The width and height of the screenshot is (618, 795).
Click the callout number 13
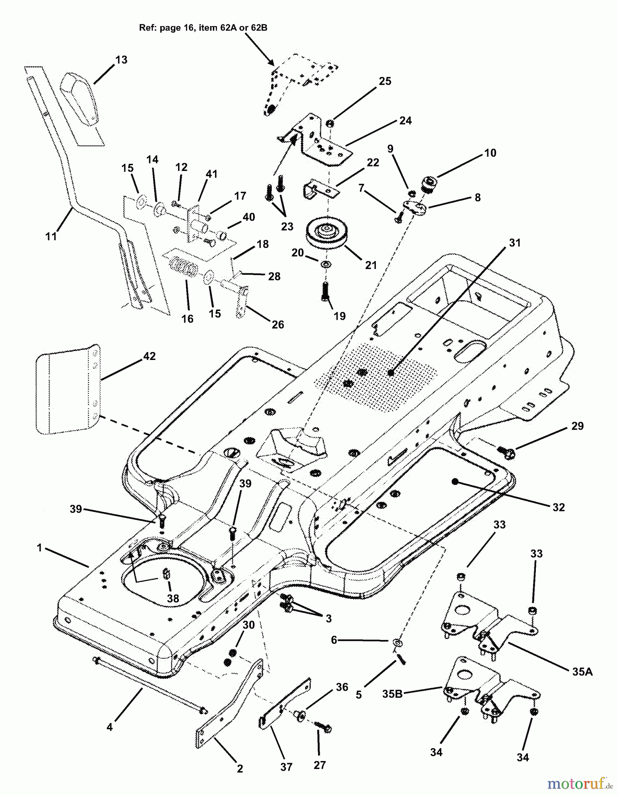[121, 60]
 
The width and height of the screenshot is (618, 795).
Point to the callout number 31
[515, 243]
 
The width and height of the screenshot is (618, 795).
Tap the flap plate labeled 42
[66, 390]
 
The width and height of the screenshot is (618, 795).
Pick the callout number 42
[150, 356]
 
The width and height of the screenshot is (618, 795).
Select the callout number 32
[559, 507]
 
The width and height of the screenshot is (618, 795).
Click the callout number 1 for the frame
[39, 548]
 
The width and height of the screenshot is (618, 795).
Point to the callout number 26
[277, 325]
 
